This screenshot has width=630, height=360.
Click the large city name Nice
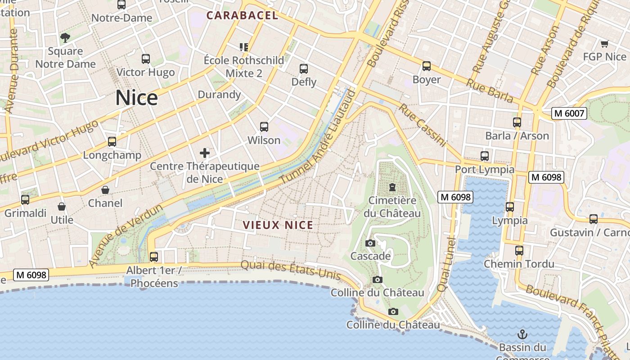click(x=136, y=98)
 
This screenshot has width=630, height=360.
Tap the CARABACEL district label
click(x=242, y=15)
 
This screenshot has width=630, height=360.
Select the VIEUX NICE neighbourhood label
click(x=278, y=225)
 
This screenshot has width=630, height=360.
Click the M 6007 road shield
click(x=569, y=113)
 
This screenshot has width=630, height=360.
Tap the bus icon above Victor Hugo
click(x=145, y=59)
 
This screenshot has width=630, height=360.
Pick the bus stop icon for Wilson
click(x=264, y=127)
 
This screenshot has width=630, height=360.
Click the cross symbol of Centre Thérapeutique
click(x=205, y=153)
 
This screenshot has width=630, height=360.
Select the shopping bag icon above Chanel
click(x=105, y=190)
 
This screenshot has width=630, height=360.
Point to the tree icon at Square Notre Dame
click(x=65, y=37)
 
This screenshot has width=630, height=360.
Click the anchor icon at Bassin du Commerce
click(x=522, y=334)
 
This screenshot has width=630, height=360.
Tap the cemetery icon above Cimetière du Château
click(x=392, y=187)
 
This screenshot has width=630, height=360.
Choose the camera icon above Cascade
click(x=370, y=243)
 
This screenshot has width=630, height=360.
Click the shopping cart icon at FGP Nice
click(x=604, y=44)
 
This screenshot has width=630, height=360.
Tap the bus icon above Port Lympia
click(x=485, y=156)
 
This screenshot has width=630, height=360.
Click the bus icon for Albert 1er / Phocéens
click(x=154, y=257)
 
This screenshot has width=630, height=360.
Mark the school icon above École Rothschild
click(x=244, y=47)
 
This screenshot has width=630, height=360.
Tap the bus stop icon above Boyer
click(x=427, y=66)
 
